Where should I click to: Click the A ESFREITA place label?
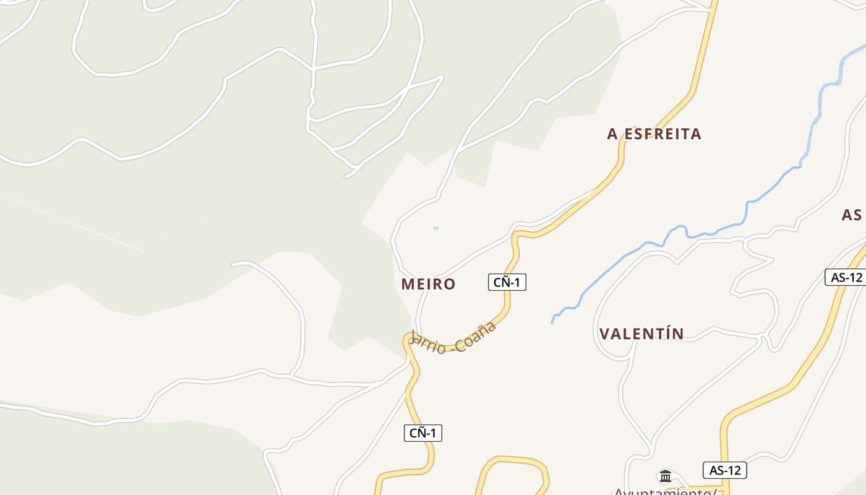pyautogui.click(x=654, y=134)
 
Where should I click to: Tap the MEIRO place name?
pyautogui.click(x=428, y=284)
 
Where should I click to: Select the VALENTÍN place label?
pyautogui.click(x=641, y=334)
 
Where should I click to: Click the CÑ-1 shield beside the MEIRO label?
pyautogui.click(x=507, y=282)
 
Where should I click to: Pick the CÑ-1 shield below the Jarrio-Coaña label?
pyautogui.click(x=423, y=433)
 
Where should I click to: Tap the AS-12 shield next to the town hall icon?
pyautogui.click(x=725, y=470)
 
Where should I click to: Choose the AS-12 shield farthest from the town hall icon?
pyautogui.click(x=846, y=277)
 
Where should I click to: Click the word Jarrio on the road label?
pyautogui.click(x=427, y=344)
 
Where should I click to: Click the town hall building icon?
pyautogui.click(x=666, y=476)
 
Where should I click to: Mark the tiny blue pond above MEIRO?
pyautogui.click(x=435, y=228)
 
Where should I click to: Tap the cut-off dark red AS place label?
pyautogui.click(x=852, y=215)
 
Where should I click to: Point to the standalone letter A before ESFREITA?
pyautogui.click(x=613, y=134)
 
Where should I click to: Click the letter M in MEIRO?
pyautogui.click(x=408, y=284)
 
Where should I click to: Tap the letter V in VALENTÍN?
pyautogui.click(x=604, y=334)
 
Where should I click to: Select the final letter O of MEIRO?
pyautogui.click(x=450, y=284)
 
